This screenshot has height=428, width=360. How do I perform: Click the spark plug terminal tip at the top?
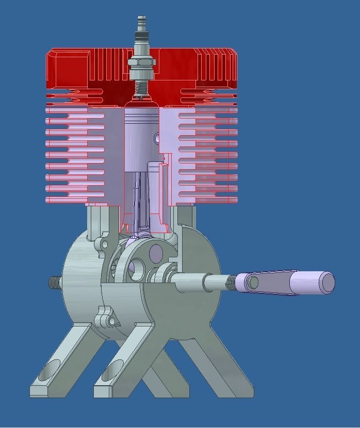tap(141, 20)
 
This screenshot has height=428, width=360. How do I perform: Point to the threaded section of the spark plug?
tap(141, 89)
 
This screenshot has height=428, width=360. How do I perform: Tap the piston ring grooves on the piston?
tap(141, 120)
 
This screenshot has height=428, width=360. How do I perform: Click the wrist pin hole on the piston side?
tap(157, 138)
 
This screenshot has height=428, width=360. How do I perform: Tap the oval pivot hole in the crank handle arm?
tap(253, 282)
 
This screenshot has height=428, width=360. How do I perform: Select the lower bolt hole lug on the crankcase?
tap(111, 320)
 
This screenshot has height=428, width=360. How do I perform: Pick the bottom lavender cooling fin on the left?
tap(75, 200)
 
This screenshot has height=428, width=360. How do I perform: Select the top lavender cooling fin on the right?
tap(209, 110)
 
